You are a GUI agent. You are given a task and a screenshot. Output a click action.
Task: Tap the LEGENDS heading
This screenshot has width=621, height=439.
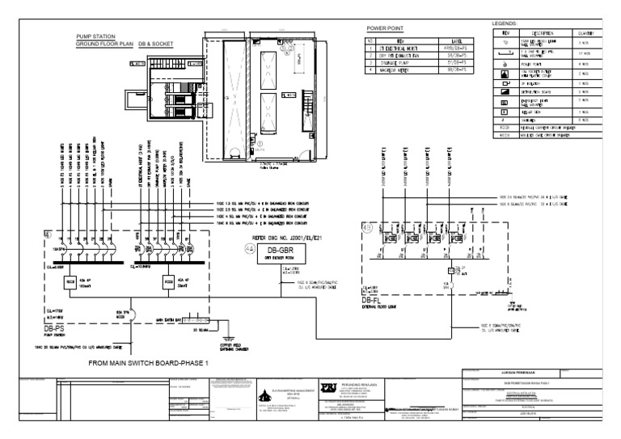(506, 25)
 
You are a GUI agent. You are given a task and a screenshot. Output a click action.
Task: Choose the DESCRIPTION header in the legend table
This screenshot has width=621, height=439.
(547, 33)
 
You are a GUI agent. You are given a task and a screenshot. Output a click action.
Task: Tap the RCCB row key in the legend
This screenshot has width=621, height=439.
(505, 127)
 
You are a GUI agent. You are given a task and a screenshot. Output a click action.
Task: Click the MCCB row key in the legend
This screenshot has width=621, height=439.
(505, 133)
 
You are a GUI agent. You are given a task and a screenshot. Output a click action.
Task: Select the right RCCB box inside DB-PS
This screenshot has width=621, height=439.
(167, 281)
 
